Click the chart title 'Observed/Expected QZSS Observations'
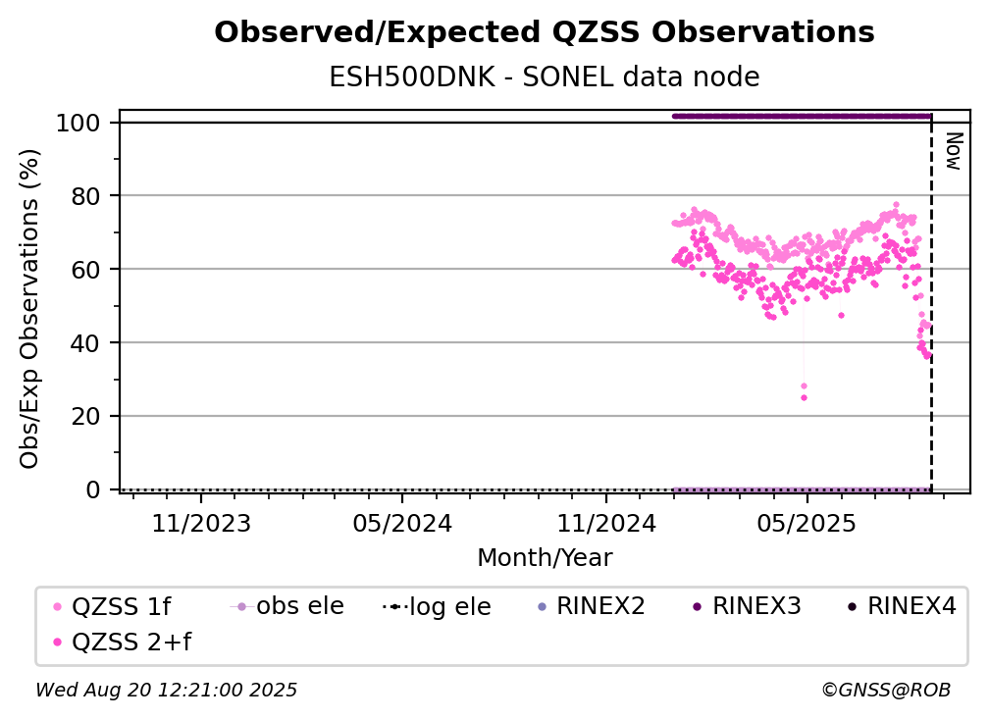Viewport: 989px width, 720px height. [545, 32]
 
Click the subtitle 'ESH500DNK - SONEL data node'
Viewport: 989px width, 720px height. [545, 77]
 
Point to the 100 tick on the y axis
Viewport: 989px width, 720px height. [78, 123]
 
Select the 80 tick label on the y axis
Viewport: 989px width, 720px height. [85, 196]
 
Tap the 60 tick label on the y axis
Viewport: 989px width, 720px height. [85, 270]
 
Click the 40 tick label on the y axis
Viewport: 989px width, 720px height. [85, 343]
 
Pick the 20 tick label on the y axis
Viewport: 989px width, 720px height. [85, 416]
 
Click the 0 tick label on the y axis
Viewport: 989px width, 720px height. [93, 489]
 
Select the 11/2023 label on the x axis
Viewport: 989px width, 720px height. [201, 523]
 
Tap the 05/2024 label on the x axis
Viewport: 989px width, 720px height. [402, 523]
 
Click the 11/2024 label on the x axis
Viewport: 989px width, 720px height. [606, 523]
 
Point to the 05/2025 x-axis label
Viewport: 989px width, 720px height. [807, 523]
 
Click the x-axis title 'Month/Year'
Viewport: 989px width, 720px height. [545, 557]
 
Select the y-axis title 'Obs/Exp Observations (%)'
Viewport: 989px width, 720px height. [29, 309]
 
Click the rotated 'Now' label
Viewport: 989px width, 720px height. [954, 151]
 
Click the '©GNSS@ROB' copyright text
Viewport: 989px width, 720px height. [886, 690]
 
